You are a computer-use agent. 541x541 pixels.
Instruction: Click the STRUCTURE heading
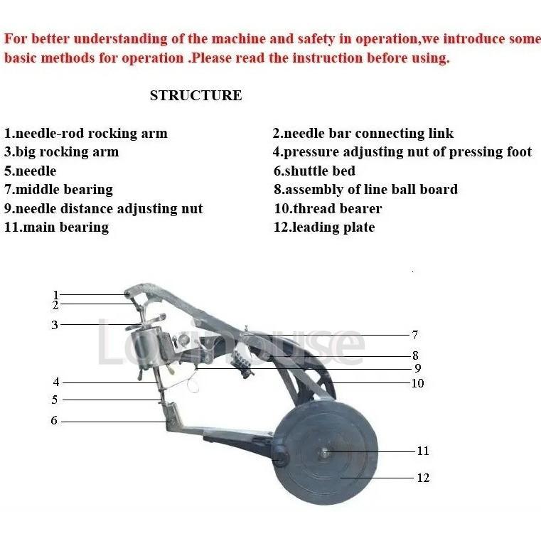196,95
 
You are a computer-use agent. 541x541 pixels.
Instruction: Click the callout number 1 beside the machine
55,295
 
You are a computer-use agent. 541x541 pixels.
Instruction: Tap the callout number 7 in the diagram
415,334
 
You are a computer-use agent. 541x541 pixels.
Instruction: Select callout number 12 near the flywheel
423,478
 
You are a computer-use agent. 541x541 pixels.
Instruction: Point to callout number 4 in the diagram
56,382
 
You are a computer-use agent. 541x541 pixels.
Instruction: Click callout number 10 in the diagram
417,383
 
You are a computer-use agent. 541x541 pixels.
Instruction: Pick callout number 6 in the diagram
54,420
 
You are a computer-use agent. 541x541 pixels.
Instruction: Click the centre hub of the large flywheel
324,452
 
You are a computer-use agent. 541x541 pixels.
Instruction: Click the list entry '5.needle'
30,171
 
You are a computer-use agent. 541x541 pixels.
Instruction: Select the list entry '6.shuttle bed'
314,171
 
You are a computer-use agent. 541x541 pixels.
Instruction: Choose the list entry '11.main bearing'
57,227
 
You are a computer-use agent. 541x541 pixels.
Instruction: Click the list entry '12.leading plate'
324,227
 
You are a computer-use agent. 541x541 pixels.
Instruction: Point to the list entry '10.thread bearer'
328,209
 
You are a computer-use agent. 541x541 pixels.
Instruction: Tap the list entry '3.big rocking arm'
61,152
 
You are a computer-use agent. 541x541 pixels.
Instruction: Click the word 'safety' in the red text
316,39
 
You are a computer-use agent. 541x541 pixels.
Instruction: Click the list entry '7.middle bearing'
58,190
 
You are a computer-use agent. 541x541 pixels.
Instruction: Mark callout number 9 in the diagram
417,368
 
